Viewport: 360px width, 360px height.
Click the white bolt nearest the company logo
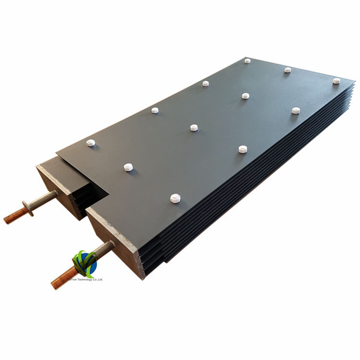click(175, 197)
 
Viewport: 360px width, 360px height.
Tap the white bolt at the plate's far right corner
click(336, 81)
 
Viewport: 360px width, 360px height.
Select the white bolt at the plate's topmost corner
click(247, 60)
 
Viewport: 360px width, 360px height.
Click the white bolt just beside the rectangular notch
click(128, 168)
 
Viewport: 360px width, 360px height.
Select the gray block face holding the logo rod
click(113, 240)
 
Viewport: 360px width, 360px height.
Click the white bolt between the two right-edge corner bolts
click(296, 110)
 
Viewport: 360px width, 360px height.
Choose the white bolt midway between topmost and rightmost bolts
click(288, 70)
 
